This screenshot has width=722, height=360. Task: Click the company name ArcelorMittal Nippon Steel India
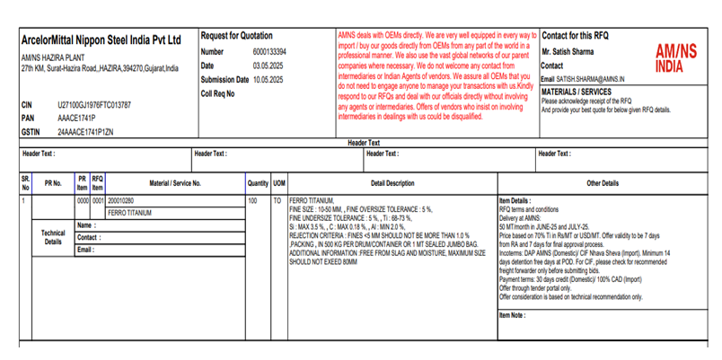[101, 40]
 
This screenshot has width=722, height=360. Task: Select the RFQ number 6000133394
[269, 52]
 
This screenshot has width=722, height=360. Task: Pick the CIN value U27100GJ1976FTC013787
[94, 105]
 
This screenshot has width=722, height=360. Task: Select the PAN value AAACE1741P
[76, 118]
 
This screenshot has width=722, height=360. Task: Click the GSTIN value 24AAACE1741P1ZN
[85, 131]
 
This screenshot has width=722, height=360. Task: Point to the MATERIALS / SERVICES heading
[577, 92]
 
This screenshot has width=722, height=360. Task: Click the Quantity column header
[258, 183]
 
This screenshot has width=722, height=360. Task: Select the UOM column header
[279, 183]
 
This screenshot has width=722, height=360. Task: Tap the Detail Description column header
[392, 183]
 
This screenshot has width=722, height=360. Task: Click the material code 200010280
[120, 200]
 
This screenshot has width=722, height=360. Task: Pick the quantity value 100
[252, 200]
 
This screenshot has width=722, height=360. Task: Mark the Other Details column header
[602, 183]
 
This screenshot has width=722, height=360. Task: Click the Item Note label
[512, 315]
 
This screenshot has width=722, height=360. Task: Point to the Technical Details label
[53, 237]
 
